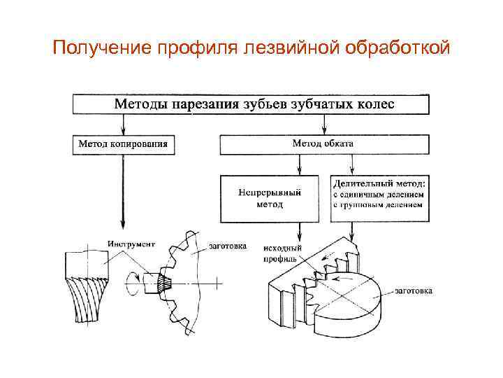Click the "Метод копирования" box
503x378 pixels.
click(x=123, y=144)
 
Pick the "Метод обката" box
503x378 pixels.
click(x=323, y=143)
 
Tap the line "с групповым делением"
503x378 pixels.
click(x=378, y=205)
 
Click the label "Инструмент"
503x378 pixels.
click(x=131, y=244)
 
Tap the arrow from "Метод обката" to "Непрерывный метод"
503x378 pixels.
click(x=300, y=165)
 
